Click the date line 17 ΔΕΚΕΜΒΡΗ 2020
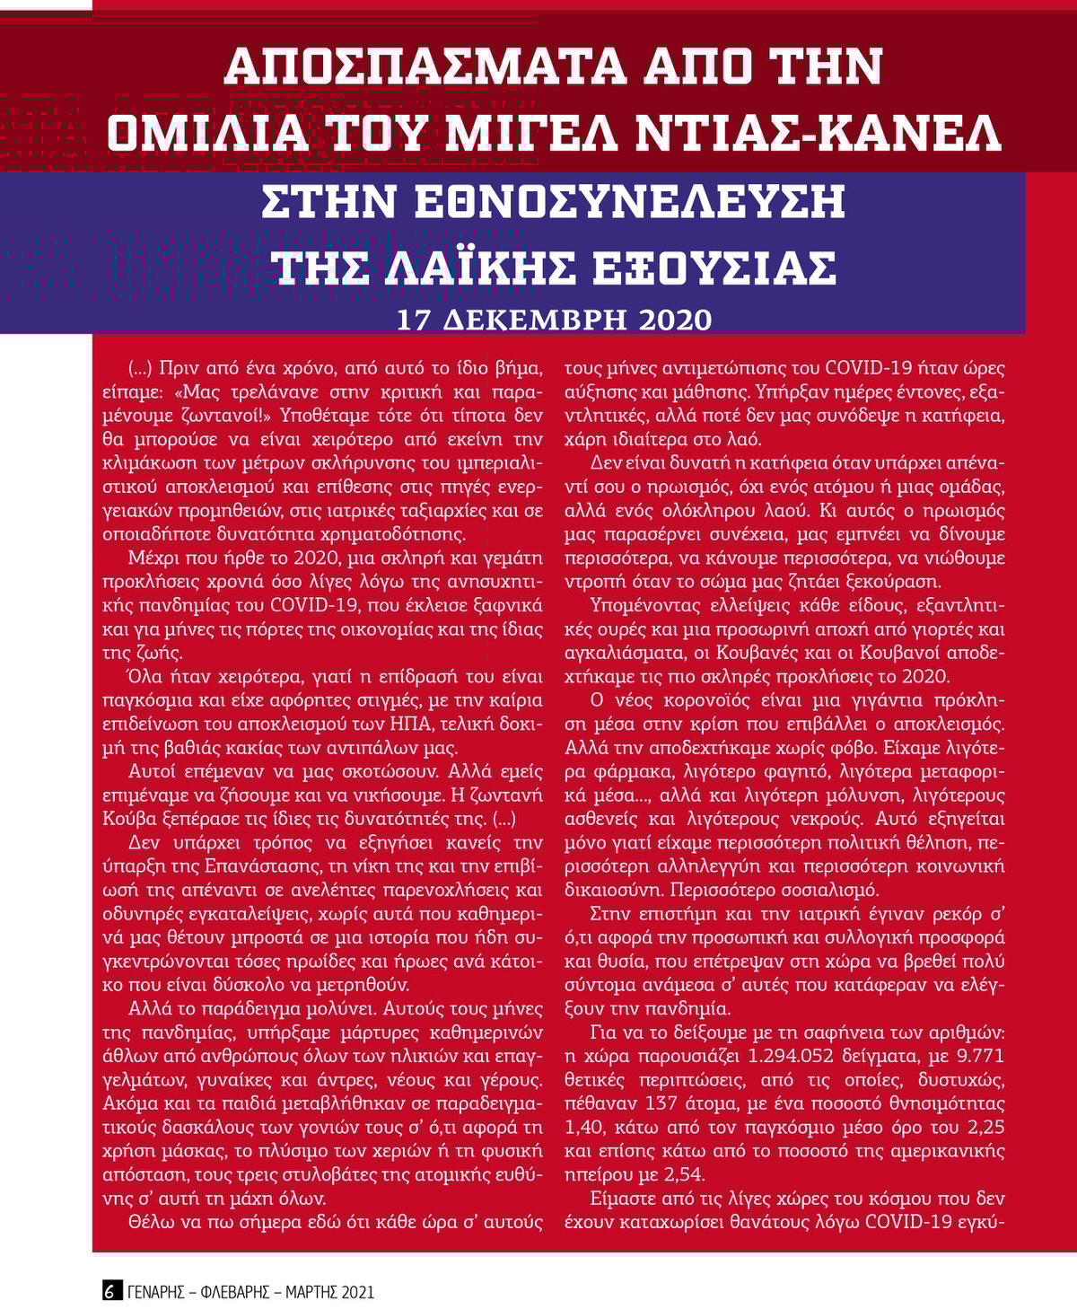[554, 320]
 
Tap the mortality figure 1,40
[586, 1127]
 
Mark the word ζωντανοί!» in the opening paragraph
[227, 416]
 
